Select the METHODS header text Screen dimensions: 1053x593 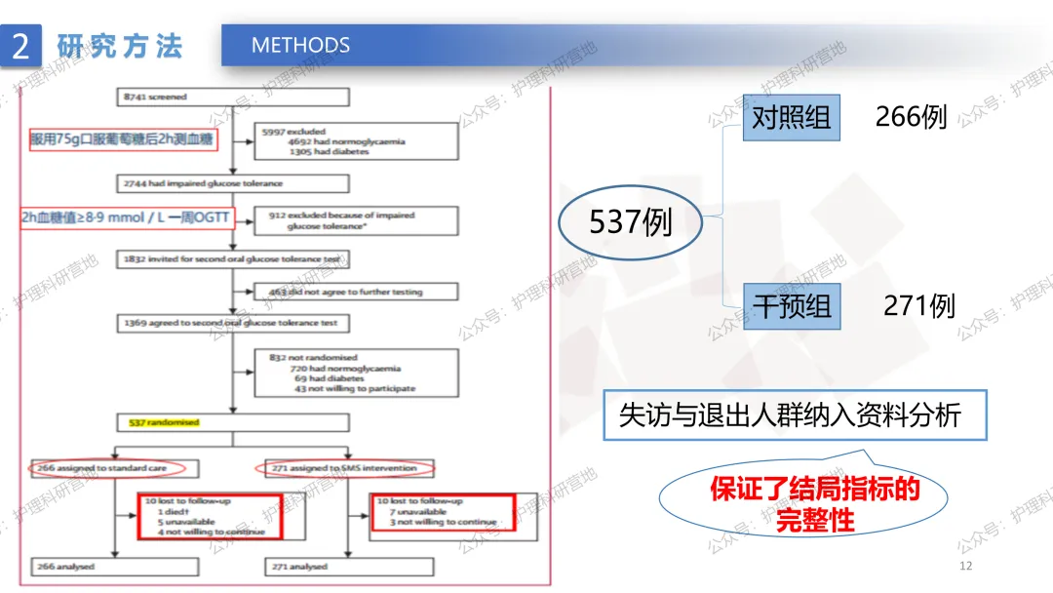(300, 46)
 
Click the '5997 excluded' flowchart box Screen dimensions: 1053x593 (355, 140)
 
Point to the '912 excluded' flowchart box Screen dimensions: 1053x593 (355, 219)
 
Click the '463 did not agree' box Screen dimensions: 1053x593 (355, 292)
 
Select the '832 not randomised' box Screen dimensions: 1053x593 (355, 373)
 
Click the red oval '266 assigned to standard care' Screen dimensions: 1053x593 (114, 468)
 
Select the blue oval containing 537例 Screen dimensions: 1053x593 (630, 223)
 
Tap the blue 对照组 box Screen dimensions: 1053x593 (791, 118)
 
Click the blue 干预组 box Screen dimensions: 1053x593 (791, 306)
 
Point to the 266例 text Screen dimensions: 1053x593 (911, 117)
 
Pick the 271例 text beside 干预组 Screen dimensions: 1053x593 (918, 305)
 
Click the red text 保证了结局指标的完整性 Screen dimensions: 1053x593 (815, 503)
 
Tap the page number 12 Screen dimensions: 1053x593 (966, 567)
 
